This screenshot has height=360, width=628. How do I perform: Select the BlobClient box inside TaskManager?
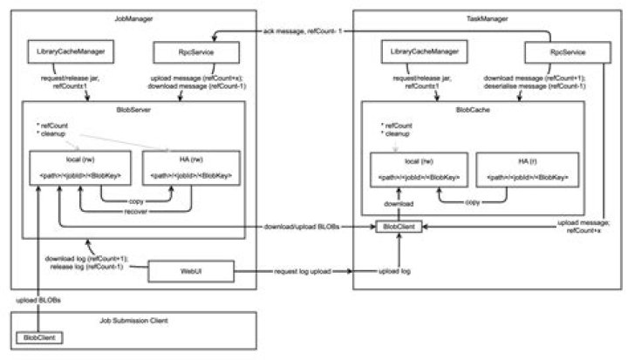point(399,228)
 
